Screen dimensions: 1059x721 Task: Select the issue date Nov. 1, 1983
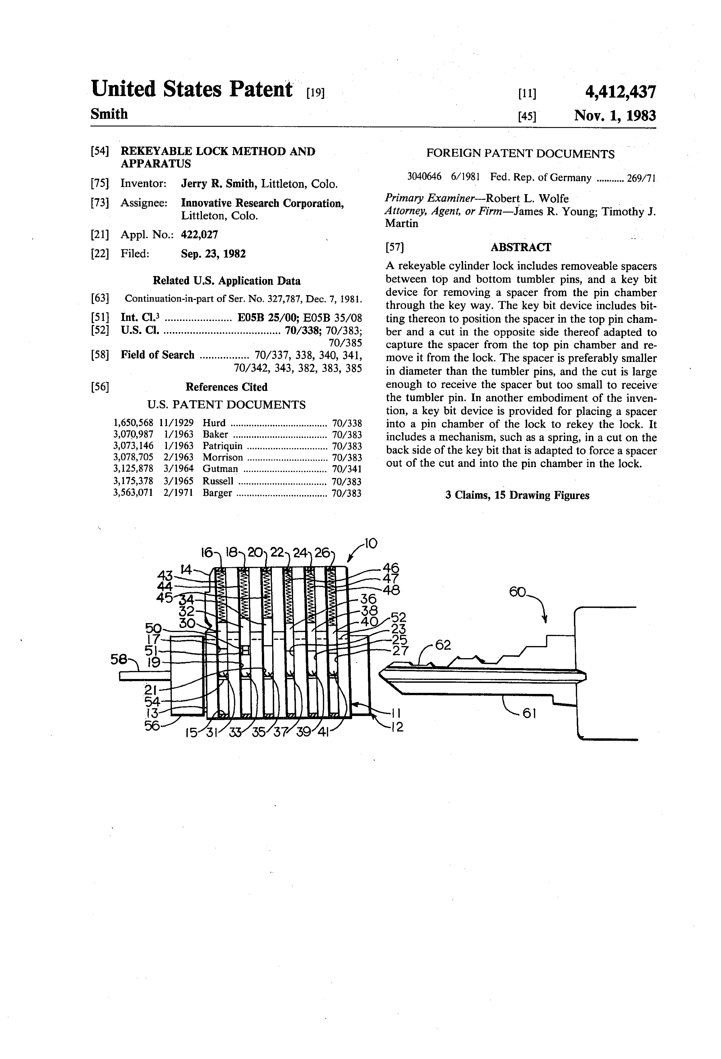[615, 116]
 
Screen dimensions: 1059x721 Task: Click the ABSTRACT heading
[521, 247]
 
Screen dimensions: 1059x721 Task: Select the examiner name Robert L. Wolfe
[527, 199]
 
